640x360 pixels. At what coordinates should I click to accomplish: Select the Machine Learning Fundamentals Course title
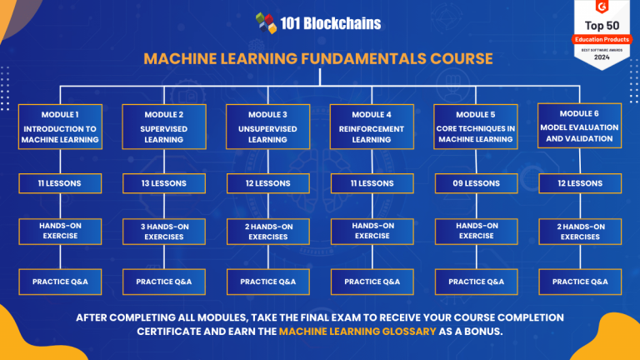click(318, 58)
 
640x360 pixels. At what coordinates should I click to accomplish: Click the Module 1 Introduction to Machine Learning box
click(60, 127)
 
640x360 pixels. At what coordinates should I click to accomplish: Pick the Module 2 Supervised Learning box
click(164, 127)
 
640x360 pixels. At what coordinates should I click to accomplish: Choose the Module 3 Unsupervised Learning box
click(267, 127)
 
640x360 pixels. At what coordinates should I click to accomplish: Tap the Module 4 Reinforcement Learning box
click(372, 127)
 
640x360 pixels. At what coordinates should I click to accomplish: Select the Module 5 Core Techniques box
click(476, 127)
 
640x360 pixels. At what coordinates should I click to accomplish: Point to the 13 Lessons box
click(164, 183)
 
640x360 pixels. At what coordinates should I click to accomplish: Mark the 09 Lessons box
click(476, 183)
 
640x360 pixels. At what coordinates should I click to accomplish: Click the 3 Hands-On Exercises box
click(164, 231)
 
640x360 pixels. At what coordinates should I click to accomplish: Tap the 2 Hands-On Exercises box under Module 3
click(267, 231)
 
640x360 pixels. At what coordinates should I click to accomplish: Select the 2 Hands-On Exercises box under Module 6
click(580, 231)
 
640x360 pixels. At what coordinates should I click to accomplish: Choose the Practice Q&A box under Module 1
click(60, 282)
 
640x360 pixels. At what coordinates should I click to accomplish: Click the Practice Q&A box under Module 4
click(372, 282)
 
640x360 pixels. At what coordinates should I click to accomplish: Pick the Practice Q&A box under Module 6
click(580, 282)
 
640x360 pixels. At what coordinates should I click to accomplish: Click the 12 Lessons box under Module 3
click(267, 183)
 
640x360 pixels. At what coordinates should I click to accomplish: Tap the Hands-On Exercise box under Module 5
click(476, 231)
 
